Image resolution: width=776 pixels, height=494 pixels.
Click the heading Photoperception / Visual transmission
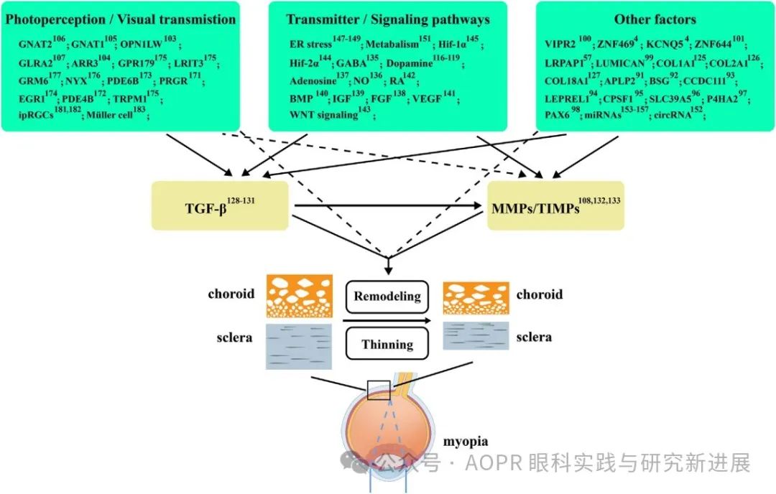point(120,19)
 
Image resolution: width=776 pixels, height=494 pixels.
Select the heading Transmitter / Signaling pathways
point(388,19)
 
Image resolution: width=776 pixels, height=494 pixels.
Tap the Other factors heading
point(655,19)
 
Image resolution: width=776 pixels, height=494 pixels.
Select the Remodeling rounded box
point(387,297)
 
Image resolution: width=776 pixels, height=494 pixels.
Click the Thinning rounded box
point(387,343)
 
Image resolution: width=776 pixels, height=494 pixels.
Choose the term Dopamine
point(409,62)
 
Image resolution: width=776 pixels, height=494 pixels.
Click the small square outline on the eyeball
point(378,389)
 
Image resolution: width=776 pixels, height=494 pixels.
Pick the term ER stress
point(310,45)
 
